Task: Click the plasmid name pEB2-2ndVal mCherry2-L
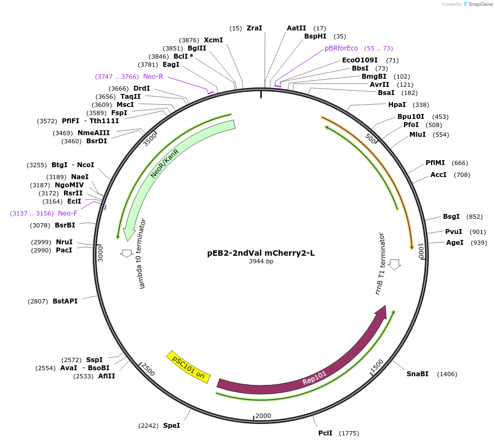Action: [x=261, y=253]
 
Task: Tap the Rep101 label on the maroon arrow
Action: [x=314, y=378]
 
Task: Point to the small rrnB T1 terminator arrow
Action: [x=395, y=264]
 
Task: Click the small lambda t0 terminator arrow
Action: [x=127, y=253]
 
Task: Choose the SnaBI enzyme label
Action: [x=417, y=374]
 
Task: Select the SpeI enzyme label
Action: [x=171, y=426]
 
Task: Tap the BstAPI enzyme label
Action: [x=65, y=301]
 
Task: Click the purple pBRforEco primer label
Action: [x=342, y=48]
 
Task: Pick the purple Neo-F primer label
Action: [x=68, y=213]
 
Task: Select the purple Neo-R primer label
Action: [x=153, y=77]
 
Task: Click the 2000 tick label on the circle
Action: [x=263, y=416]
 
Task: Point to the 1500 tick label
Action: [x=377, y=365]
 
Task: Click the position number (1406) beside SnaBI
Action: [x=447, y=374]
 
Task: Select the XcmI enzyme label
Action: [x=213, y=40]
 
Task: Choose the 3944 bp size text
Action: [x=261, y=262]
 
